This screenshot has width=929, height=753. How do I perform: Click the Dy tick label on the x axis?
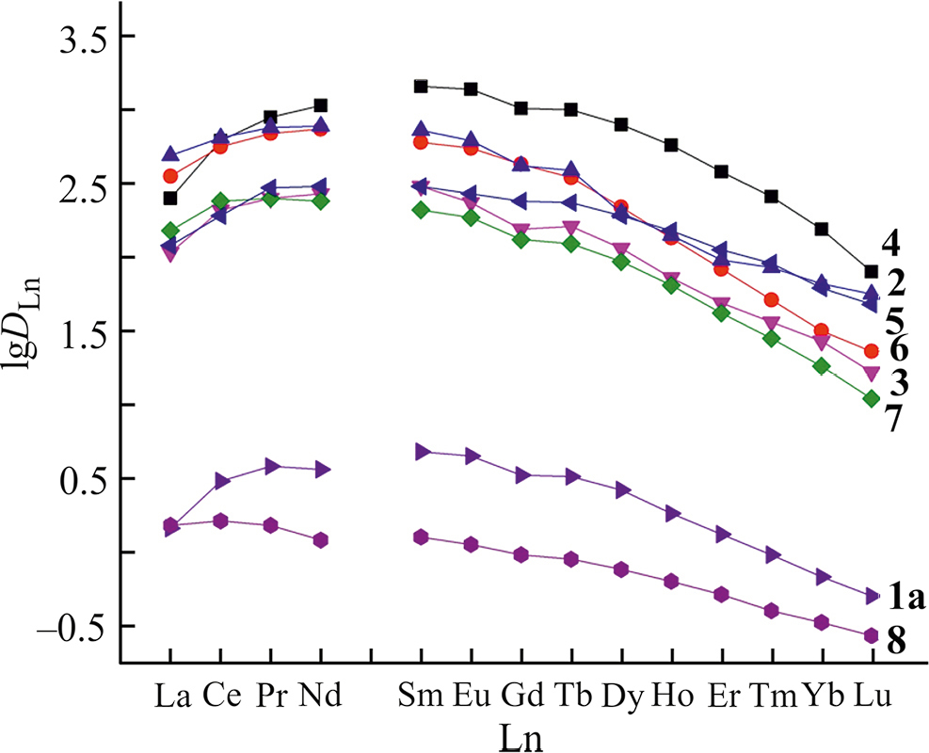[x=621, y=697]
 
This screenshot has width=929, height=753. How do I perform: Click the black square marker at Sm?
[x=421, y=87]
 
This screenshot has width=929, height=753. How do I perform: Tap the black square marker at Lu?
[x=872, y=272]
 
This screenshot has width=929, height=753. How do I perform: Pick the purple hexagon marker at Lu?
[x=872, y=635]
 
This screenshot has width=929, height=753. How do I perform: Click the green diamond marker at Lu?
[x=872, y=398]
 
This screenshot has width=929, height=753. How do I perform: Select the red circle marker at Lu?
[x=872, y=351]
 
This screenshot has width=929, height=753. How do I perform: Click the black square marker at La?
[x=170, y=198]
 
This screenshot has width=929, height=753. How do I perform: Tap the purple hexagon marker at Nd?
[x=321, y=539]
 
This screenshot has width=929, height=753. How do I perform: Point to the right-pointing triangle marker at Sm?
[x=422, y=452]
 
